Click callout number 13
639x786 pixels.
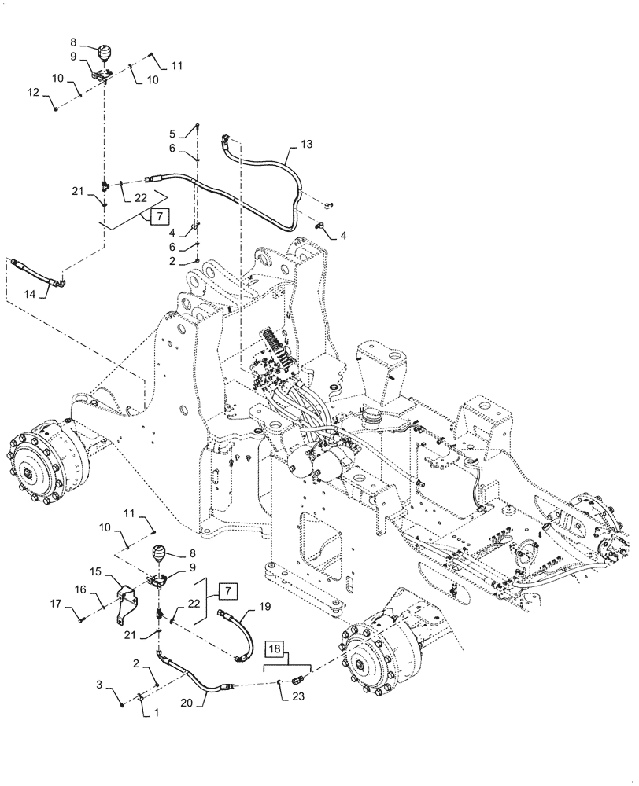(x=306, y=145)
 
